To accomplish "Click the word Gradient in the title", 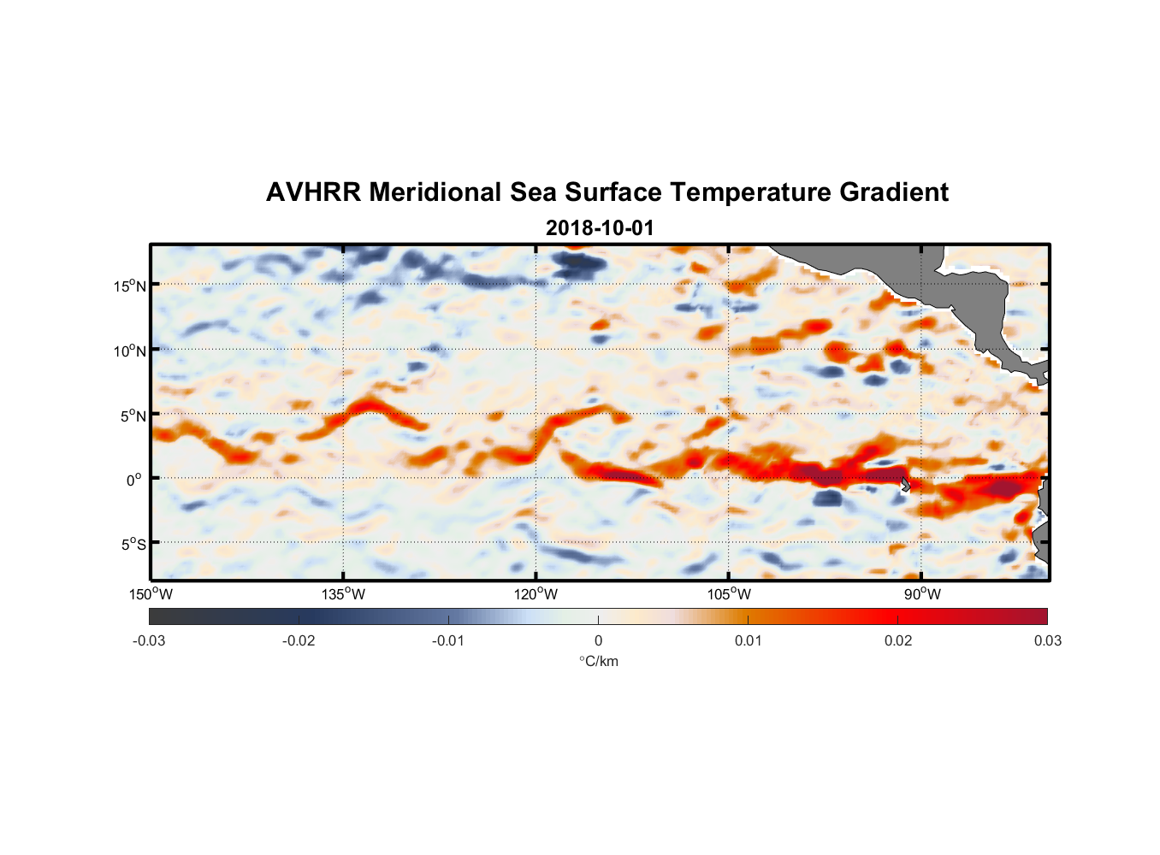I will (x=893, y=192).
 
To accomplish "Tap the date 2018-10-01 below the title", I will (x=599, y=228).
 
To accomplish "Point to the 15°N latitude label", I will (x=130, y=286).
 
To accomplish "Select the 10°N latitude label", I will (x=130, y=351).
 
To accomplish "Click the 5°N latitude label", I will (x=133, y=416).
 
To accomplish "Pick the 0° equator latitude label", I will (x=135, y=480).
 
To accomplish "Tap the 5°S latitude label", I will (x=133, y=545).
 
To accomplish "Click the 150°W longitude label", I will (x=151, y=594).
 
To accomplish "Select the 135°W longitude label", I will (x=344, y=594).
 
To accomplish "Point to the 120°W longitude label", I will (x=536, y=594).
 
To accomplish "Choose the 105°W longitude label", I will (x=729, y=594).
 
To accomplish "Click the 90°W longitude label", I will (x=921, y=594).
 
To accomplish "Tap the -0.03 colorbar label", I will (x=149, y=640).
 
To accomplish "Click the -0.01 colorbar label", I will (x=448, y=640).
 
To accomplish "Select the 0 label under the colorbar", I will (x=598, y=640).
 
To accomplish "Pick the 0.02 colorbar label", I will (x=898, y=640).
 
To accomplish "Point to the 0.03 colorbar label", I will (x=1047, y=640).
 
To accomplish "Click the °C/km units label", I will (x=598, y=661).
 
